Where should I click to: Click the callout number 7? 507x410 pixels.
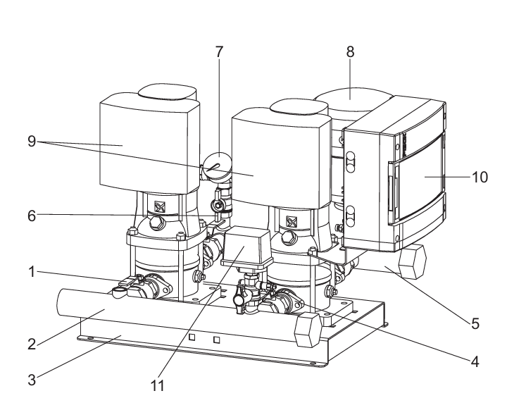[x=219, y=52]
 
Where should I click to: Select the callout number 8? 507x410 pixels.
[x=350, y=52]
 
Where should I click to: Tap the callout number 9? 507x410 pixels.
[x=32, y=142]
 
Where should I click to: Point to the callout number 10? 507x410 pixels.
[x=480, y=178]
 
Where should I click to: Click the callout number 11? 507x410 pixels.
[x=158, y=385]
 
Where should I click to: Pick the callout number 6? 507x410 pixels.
[x=32, y=216]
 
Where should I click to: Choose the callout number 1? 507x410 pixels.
[x=32, y=272]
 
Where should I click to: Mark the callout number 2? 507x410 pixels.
[x=32, y=344]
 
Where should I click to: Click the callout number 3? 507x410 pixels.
[x=32, y=380]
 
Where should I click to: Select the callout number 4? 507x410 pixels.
[x=475, y=361]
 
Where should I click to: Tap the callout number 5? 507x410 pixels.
[x=475, y=323]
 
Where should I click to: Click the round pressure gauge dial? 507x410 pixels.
[x=218, y=166]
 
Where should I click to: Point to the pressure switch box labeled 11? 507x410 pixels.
[x=246, y=246]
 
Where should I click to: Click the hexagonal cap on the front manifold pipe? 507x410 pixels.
[x=308, y=330]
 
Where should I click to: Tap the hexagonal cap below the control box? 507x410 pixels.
[x=412, y=261]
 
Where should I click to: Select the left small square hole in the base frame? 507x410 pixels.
[x=192, y=337]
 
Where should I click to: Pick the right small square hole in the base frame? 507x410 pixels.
[x=217, y=340]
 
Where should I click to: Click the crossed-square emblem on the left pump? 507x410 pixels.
[x=159, y=206]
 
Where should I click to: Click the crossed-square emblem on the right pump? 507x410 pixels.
[x=292, y=222]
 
